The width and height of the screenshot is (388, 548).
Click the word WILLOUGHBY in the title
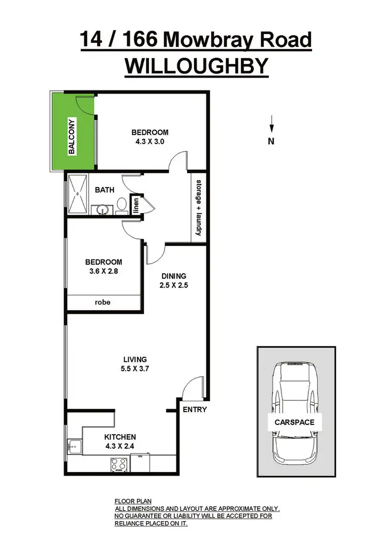pos(197,66)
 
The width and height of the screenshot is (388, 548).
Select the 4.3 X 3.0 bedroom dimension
pos(150,142)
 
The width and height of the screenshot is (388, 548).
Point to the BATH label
pos(104,190)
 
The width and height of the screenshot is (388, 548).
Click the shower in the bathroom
pos(78,194)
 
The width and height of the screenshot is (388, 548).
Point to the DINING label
pos(173,276)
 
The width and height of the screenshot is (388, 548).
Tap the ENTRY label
pos(195,409)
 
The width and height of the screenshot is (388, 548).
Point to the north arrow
pos(271,126)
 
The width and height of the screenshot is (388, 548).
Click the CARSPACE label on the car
pos(294,422)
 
